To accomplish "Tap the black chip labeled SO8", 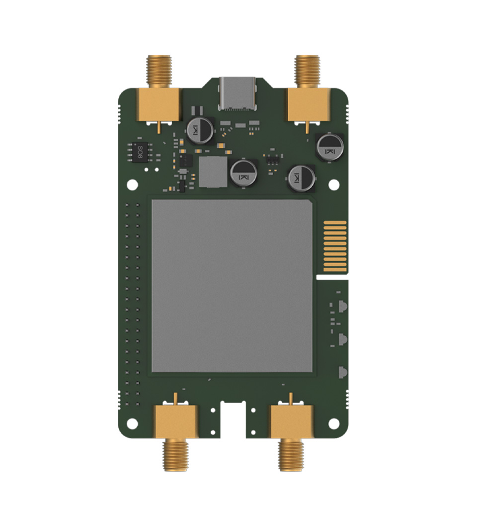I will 140,151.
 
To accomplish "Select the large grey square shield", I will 232,286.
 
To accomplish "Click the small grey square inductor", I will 213,172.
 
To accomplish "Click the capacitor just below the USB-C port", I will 201,131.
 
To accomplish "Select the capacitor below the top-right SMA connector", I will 328,146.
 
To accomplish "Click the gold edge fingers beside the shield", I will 334,246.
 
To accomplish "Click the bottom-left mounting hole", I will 132,423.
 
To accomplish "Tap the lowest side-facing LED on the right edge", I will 342,372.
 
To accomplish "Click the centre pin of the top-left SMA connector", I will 159,127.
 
